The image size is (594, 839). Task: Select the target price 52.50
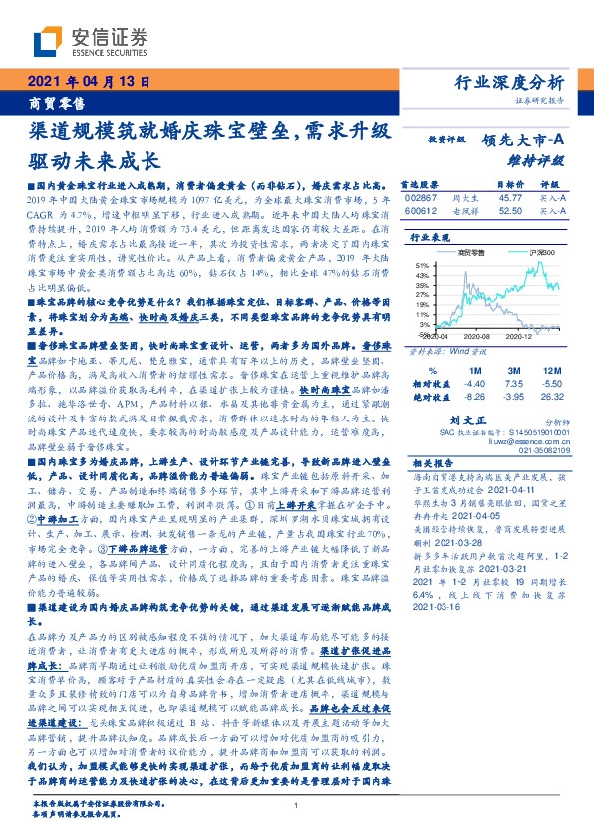[511, 210]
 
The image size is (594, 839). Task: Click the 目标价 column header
[510, 185]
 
